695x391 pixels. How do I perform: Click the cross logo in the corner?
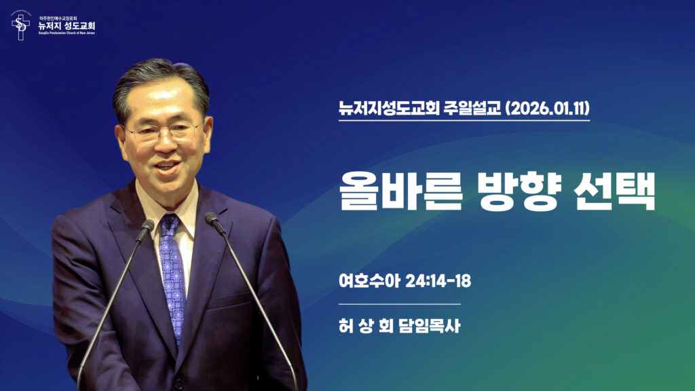point(21,26)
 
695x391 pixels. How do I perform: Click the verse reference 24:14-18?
point(437,280)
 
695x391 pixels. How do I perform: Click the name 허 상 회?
point(367,326)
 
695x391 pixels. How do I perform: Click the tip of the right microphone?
point(212,219)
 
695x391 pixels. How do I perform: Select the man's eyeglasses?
point(163,132)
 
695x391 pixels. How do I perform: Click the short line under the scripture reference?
point(399,303)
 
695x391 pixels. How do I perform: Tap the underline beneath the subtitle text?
point(464,121)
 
